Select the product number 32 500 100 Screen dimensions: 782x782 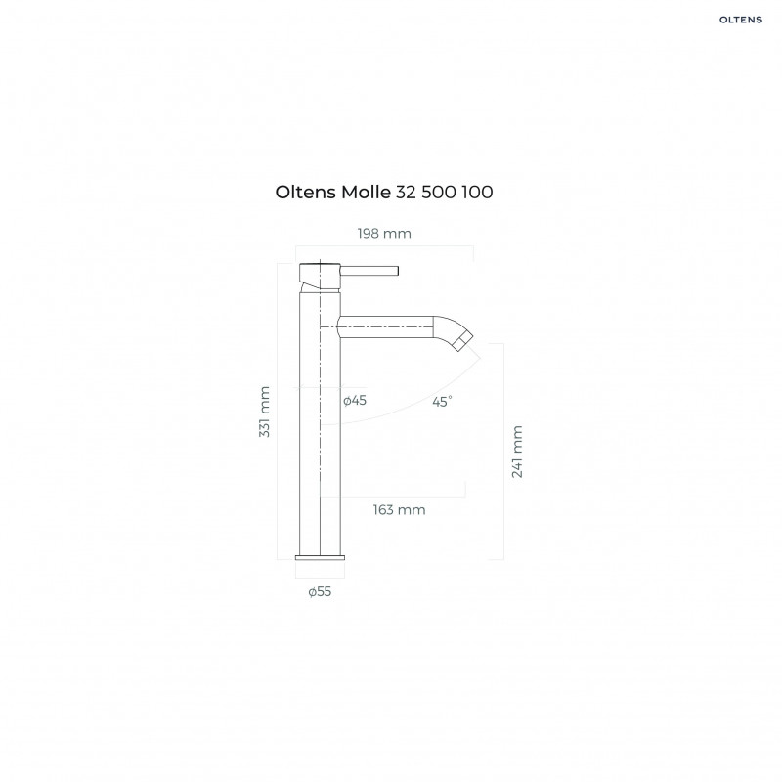point(444,193)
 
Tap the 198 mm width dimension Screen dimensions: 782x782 point(385,233)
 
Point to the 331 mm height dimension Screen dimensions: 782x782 point(264,412)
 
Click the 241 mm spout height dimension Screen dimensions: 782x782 point(517,451)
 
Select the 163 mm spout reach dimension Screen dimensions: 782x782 point(399,509)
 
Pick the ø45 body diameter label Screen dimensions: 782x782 point(355,401)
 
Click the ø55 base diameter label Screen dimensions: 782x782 point(320,592)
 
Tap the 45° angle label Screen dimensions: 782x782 point(443,401)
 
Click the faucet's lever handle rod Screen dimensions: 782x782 point(369,270)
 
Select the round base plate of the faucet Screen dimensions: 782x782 point(320,556)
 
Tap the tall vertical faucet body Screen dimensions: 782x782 point(320,440)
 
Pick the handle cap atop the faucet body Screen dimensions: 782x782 point(320,271)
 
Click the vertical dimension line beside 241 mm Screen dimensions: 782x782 point(503,451)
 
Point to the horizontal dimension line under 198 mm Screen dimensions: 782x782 point(385,246)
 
